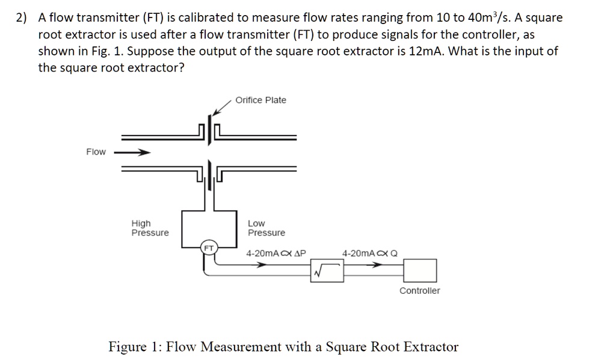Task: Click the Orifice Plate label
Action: (260, 100)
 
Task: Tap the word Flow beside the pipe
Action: (96, 152)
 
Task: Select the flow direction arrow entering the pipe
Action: (132, 152)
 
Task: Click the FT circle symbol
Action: (209, 248)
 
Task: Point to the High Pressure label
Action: (150, 228)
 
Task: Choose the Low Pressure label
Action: (266, 228)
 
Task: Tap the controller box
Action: (419, 270)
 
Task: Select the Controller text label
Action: (419, 291)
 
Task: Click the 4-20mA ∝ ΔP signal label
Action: (276, 253)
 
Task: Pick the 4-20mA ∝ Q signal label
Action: (370, 253)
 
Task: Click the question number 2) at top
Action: (22, 18)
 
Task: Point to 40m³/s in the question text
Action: (481, 17)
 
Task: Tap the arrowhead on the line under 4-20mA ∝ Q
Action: (377, 264)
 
